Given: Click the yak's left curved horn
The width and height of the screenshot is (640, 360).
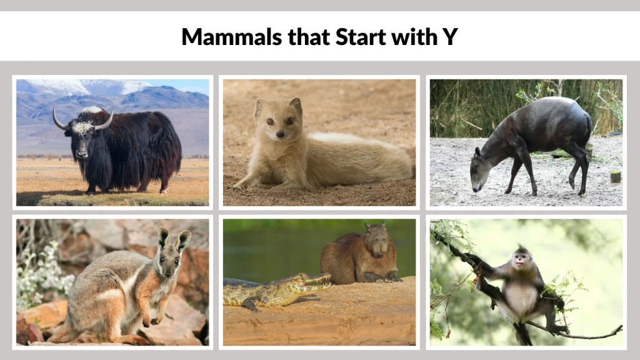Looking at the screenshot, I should (x=58, y=119).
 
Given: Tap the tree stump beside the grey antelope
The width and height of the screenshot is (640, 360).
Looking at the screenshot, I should (x=615, y=176).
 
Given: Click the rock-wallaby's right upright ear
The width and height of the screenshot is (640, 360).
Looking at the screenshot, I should (x=182, y=240).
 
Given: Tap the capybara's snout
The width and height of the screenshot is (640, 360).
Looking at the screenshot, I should (x=378, y=249).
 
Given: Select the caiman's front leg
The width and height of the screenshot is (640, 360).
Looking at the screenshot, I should (x=251, y=304).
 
